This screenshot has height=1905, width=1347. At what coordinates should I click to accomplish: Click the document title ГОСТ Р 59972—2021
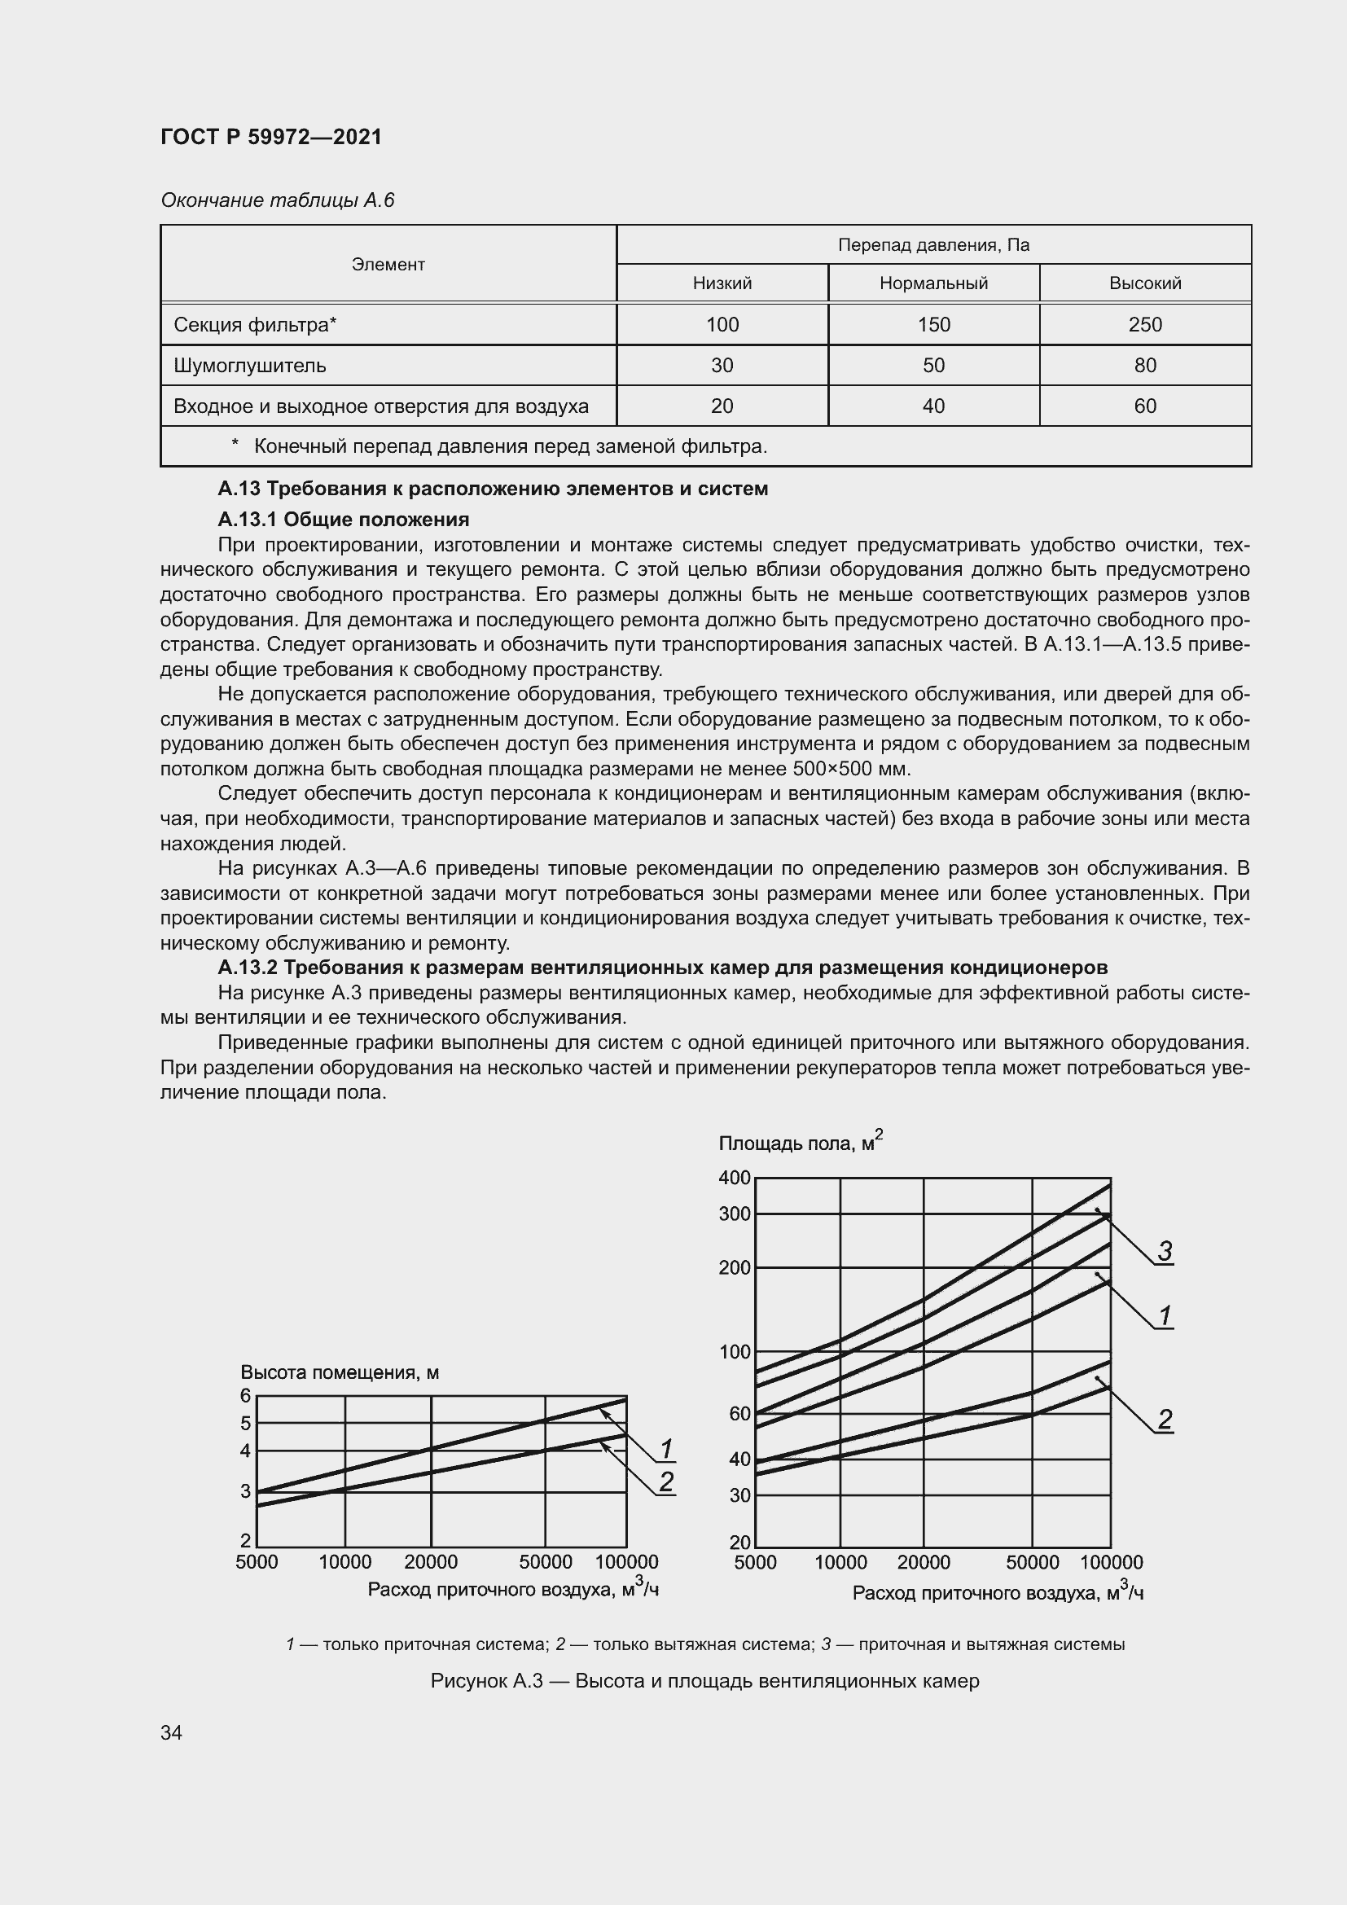click(x=271, y=137)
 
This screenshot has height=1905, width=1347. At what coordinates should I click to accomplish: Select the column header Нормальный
click(x=933, y=283)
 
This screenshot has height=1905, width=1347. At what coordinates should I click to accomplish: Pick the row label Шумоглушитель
click(x=250, y=365)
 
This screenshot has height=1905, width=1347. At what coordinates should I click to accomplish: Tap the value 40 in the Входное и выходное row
click(x=933, y=406)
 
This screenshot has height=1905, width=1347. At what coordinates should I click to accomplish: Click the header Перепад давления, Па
click(x=933, y=245)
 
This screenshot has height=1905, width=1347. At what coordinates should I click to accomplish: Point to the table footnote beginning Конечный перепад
click(x=509, y=446)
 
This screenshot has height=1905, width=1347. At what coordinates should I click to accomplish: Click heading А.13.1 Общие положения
click(x=344, y=520)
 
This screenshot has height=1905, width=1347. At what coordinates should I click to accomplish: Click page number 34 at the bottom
click(x=172, y=1732)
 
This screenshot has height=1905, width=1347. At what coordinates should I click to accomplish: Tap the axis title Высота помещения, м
click(x=340, y=1372)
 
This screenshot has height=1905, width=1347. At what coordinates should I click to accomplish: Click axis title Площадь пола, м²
click(x=800, y=1143)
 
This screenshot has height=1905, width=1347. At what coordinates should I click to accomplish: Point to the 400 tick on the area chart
click(x=735, y=1179)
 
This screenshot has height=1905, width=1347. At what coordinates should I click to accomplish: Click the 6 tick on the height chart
click(x=245, y=1396)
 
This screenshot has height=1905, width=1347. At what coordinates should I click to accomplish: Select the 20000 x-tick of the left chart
click(x=431, y=1561)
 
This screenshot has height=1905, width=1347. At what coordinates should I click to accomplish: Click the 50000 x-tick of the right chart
click(x=1032, y=1562)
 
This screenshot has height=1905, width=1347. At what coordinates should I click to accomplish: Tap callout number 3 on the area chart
click(x=1165, y=1251)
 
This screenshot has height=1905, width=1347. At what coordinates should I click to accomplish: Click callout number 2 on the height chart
click(x=666, y=1481)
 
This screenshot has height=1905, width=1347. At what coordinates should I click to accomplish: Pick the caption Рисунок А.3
click(x=705, y=1681)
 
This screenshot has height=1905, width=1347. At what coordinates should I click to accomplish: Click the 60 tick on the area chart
click(x=739, y=1414)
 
